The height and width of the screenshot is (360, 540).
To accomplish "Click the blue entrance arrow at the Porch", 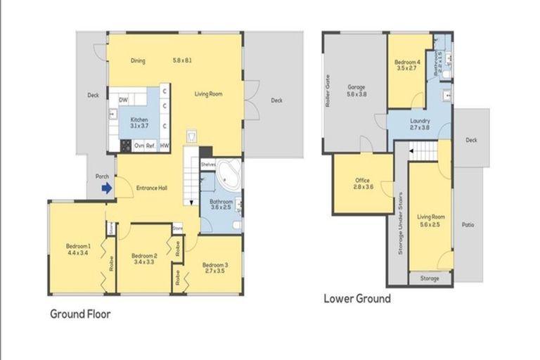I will [x=106, y=188].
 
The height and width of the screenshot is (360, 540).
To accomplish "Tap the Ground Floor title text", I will [x=79, y=314].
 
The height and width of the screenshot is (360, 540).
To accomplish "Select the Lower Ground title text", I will [x=356, y=298].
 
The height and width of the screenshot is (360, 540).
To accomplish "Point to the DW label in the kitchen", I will [x=122, y=101].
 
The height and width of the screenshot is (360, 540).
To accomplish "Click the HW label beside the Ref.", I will [x=164, y=146].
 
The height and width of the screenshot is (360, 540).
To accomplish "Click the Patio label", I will [x=468, y=226].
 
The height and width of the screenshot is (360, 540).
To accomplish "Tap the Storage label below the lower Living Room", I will [x=430, y=278].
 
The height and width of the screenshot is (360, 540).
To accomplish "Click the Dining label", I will [x=138, y=60].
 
